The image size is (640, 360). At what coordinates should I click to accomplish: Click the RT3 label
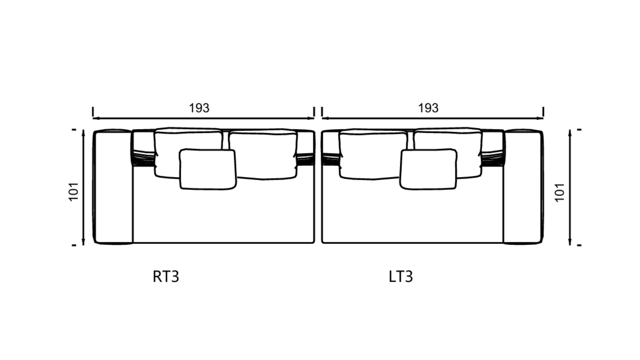pyautogui.click(x=166, y=277)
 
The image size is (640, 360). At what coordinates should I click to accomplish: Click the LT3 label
pyautogui.click(x=401, y=277)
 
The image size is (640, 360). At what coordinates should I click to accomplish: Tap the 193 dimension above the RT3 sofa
pyautogui.click(x=199, y=108)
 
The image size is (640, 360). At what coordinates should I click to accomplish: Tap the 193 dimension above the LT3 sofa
pyautogui.click(x=428, y=108)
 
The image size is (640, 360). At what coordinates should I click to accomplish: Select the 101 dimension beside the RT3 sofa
pyautogui.click(x=74, y=191)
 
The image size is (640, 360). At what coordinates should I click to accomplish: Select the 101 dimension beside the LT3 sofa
pyautogui.click(x=560, y=193)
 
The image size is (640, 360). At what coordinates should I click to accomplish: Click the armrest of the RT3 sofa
pyautogui.click(x=113, y=187)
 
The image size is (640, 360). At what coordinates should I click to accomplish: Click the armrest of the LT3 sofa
pyautogui.click(x=523, y=187)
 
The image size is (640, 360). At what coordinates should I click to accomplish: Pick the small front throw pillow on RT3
pyautogui.click(x=208, y=169)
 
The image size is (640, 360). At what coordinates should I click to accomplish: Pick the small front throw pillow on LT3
pyautogui.click(x=428, y=169)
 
